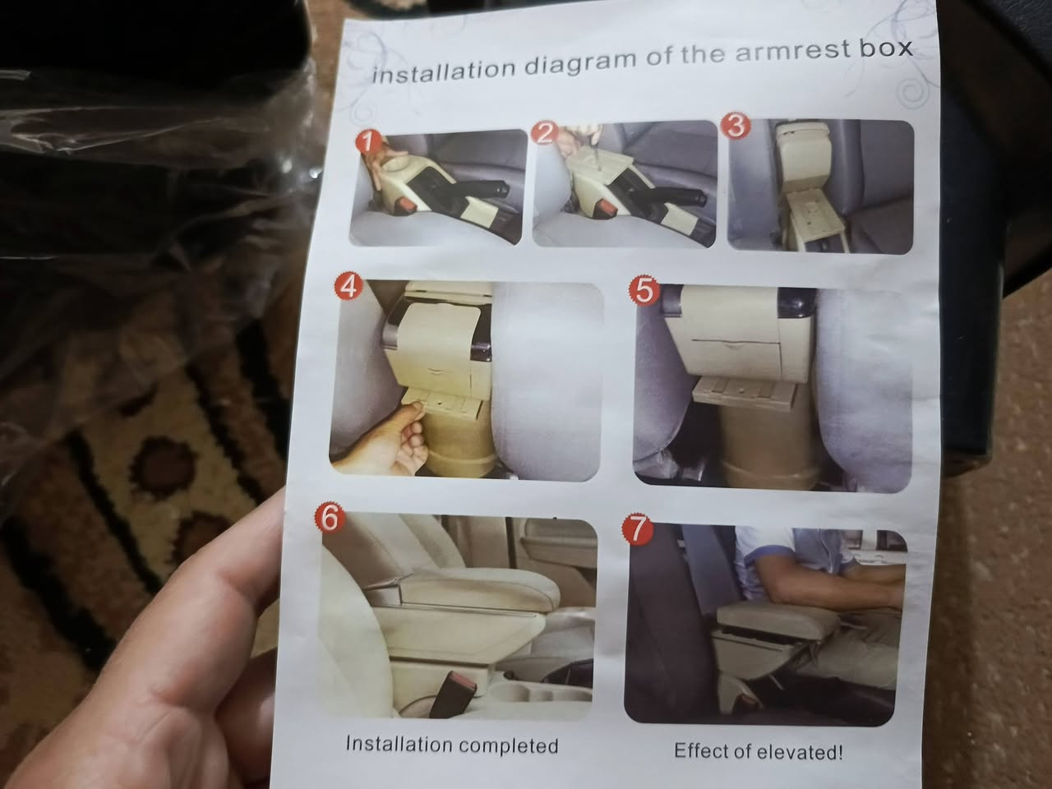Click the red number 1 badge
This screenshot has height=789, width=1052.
pyautogui.click(x=368, y=143)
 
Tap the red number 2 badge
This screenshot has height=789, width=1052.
pyautogui.click(x=544, y=133)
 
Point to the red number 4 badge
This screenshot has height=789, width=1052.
pyautogui.click(x=348, y=288)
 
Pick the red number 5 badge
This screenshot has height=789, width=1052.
pyautogui.click(x=644, y=291)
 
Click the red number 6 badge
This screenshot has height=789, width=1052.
pyautogui.click(x=330, y=519)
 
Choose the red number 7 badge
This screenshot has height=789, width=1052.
pyautogui.click(x=638, y=530)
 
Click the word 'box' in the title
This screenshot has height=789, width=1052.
pyautogui.click(x=886, y=48)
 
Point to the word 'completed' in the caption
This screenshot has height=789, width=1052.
pyautogui.click(x=508, y=745)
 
